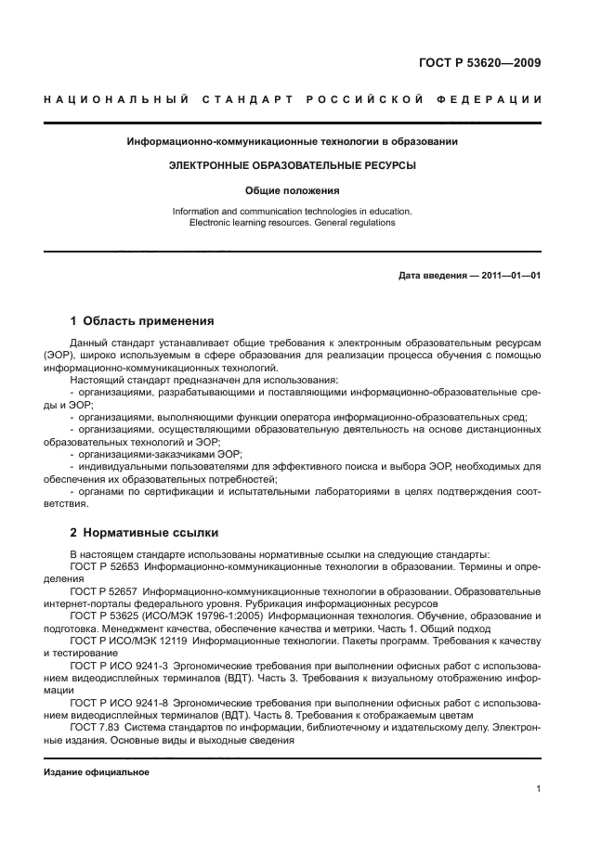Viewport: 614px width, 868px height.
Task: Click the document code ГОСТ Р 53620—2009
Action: (x=481, y=64)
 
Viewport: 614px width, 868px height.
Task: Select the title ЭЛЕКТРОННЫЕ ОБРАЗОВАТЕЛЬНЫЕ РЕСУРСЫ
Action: (x=292, y=165)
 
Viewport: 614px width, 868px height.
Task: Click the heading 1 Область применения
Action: (x=142, y=321)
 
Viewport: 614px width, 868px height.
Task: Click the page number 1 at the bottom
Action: (x=538, y=789)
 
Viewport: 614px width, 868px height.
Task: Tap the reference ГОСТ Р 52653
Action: (x=103, y=565)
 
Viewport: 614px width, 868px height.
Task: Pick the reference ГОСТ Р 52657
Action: (x=103, y=591)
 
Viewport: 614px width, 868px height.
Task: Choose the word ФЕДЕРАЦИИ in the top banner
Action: (x=495, y=99)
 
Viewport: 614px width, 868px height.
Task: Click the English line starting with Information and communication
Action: (x=292, y=212)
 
